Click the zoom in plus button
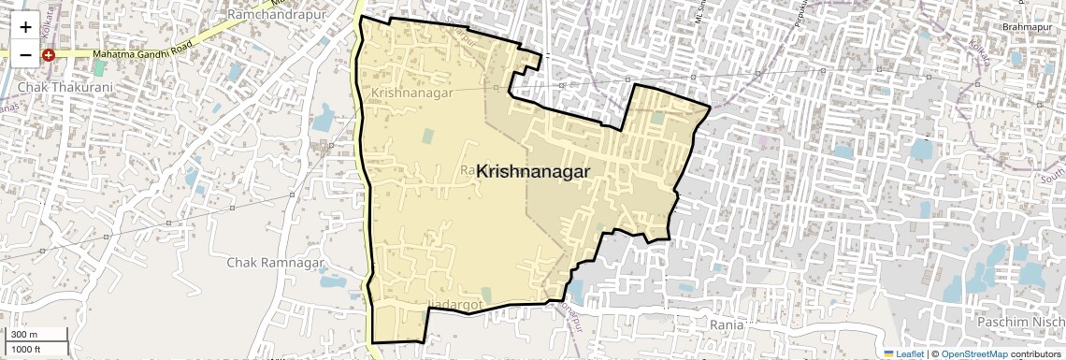25,28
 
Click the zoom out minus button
25,55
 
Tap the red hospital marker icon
49,55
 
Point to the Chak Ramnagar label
268,263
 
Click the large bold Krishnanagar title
534,171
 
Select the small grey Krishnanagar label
411,94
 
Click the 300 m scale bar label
23,335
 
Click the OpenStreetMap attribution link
973,353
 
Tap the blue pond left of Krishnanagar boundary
324,118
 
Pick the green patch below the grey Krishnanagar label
427,136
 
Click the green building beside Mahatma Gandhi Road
99,69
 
